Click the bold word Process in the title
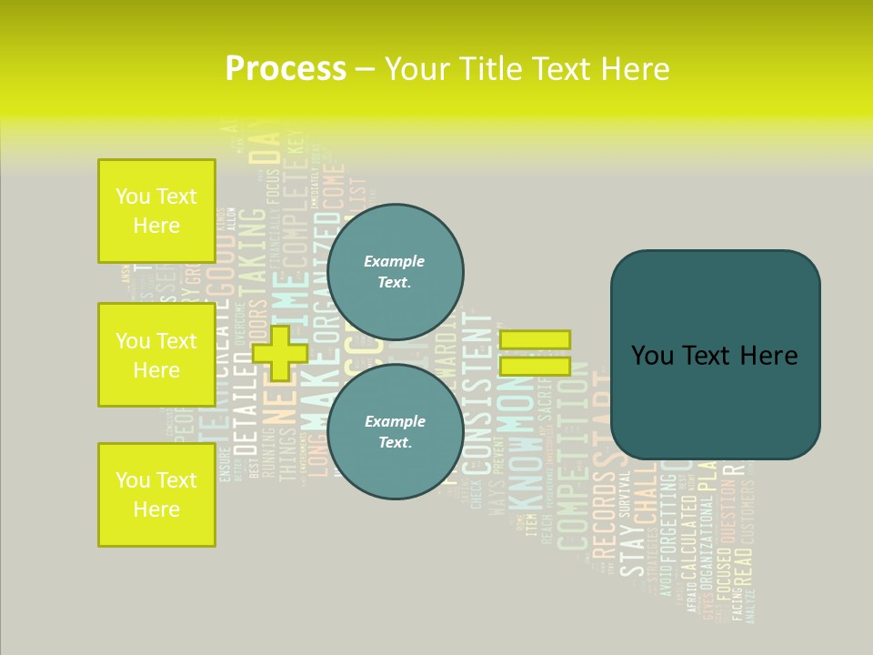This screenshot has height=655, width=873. pyautogui.click(x=286, y=68)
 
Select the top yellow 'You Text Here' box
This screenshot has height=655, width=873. pyautogui.click(x=156, y=211)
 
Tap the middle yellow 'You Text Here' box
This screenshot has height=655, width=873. pyautogui.click(x=156, y=355)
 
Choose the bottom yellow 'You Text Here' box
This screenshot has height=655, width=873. pyautogui.click(x=156, y=494)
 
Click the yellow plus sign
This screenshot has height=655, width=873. pyautogui.click(x=280, y=353)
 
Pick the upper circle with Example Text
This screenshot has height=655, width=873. pyautogui.click(x=395, y=271)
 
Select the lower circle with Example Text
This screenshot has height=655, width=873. pyautogui.click(x=395, y=431)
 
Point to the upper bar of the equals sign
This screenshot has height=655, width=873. pyautogui.click(x=535, y=339)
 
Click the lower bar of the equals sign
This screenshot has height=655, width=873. pyautogui.click(x=535, y=367)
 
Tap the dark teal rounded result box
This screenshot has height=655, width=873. pyautogui.click(x=715, y=355)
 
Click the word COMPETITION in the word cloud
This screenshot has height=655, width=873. pyautogui.click(x=573, y=464)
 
